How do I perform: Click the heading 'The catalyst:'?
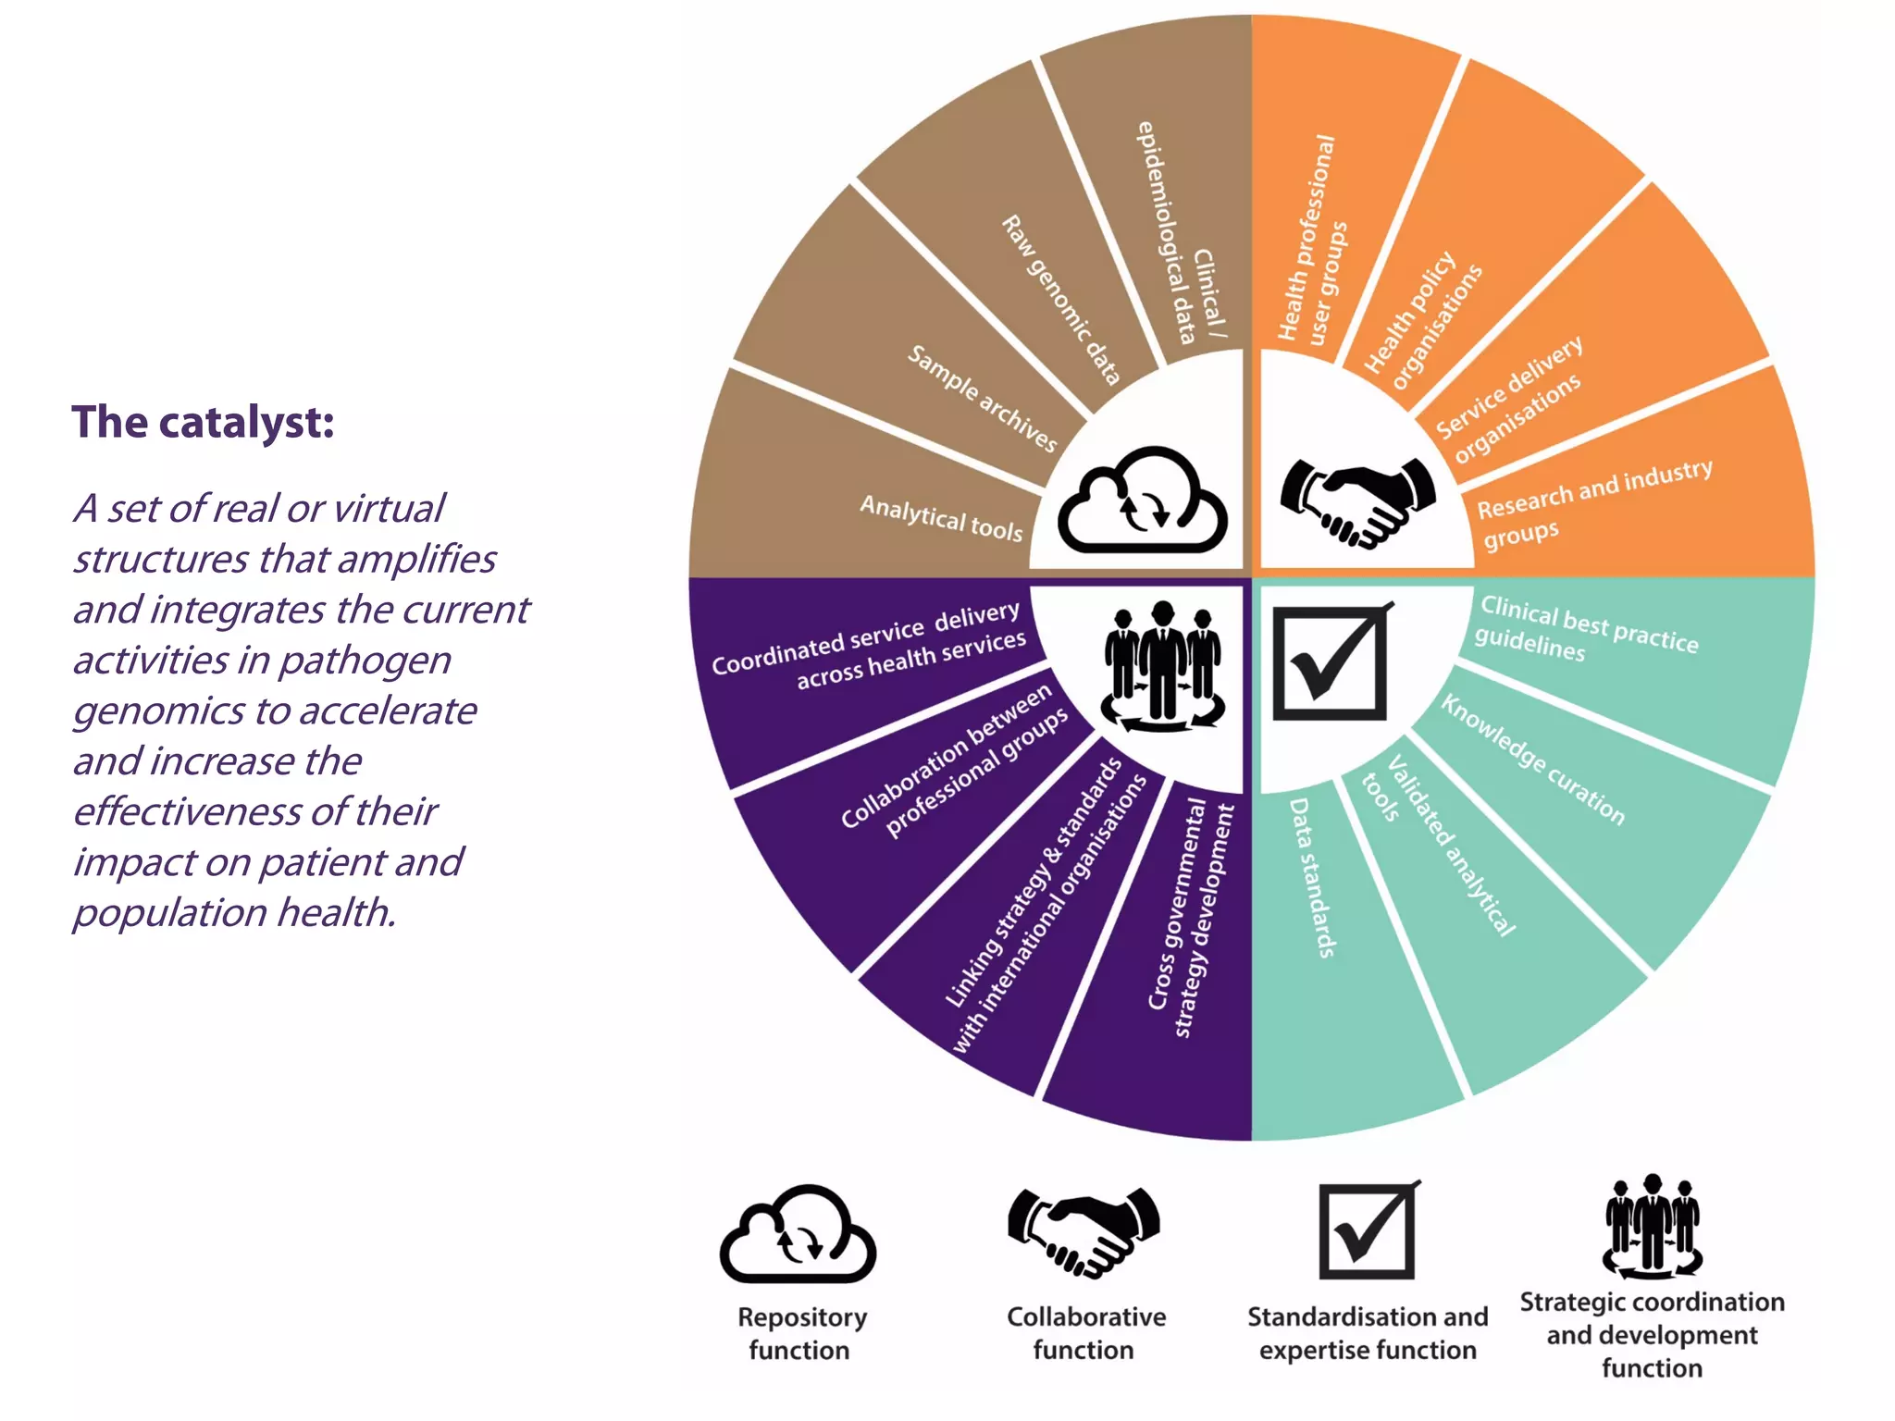[x=203, y=422]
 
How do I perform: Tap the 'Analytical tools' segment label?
[x=941, y=518]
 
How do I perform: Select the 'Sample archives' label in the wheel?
[x=982, y=398]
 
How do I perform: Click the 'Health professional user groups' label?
[x=1312, y=242]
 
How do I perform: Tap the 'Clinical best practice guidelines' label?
[x=1586, y=629]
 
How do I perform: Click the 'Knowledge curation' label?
[x=1532, y=760]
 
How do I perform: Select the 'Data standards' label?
[x=1312, y=877]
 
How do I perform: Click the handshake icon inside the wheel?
[x=1357, y=500]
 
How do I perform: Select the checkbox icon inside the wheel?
[x=1331, y=661]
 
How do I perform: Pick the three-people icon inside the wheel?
[x=1163, y=666]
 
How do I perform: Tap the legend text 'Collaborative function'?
[x=1085, y=1333]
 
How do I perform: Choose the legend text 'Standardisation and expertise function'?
[x=1368, y=1333]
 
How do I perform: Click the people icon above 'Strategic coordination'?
[x=1652, y=1225]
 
